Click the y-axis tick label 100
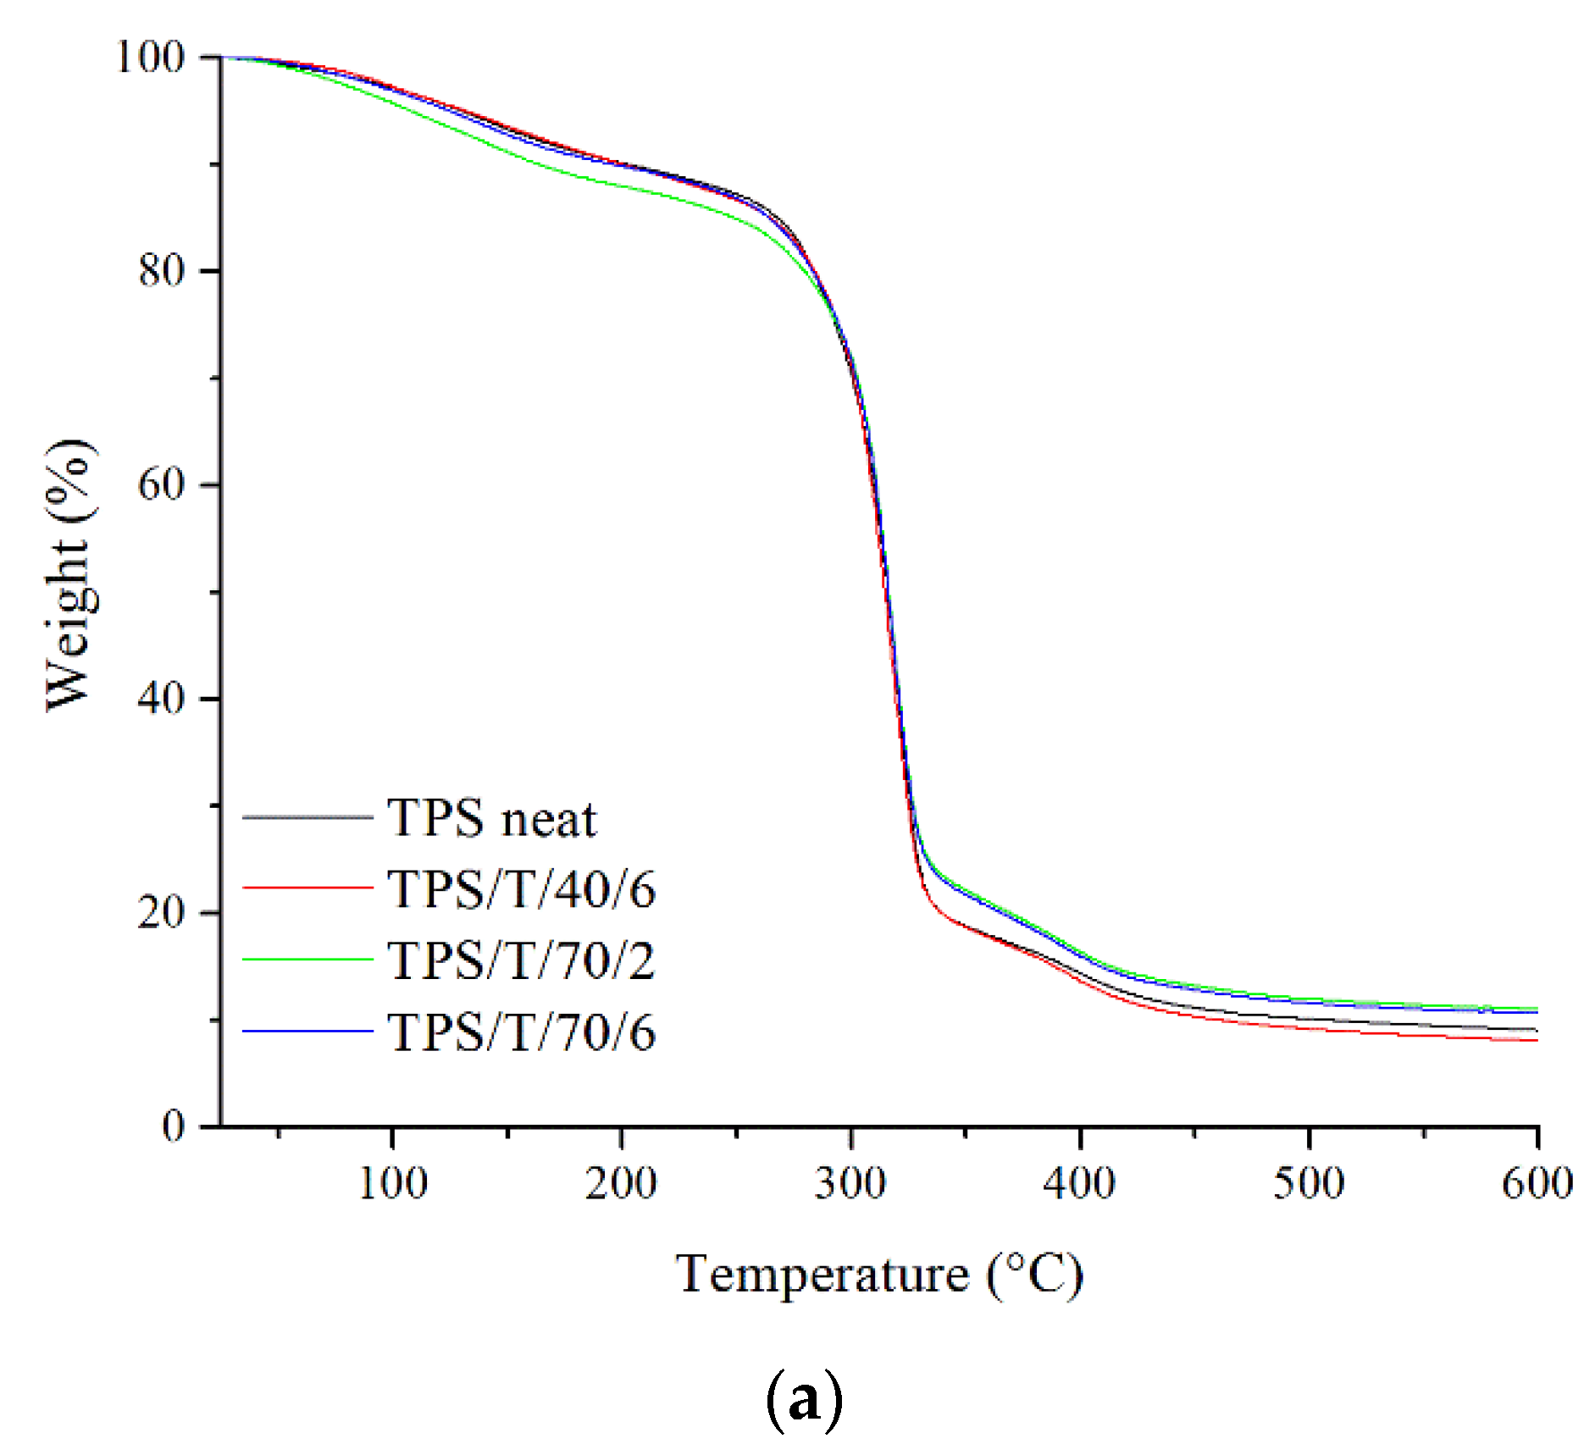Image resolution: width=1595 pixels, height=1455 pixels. (150, 58)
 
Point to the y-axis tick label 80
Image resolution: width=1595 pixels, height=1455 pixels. (161, 271)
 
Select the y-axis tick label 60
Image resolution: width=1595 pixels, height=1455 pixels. (161, 484)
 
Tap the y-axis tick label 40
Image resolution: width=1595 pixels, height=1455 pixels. (161, 699)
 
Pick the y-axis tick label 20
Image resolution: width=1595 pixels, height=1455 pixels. (161, 912)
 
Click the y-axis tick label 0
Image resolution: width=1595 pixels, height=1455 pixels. (173, 1126)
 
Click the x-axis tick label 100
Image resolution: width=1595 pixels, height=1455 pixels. (392, 1183)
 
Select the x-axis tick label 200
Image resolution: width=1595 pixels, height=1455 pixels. (621, 1183)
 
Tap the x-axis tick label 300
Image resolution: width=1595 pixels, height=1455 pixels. (850, 1183)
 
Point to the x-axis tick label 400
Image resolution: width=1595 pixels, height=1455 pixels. (1079, 1183)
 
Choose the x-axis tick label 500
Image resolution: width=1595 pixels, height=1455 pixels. (1309, 1183)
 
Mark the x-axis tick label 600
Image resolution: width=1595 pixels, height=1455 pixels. (1537, 1183)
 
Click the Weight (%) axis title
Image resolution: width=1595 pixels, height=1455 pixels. (69, 576)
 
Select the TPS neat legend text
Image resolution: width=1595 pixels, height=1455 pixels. (492, 819)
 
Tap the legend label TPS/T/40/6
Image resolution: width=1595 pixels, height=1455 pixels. (522, 890)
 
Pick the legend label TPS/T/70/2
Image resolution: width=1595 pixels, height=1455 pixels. (522, 961)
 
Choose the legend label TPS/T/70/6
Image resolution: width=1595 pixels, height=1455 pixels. (522, 1032)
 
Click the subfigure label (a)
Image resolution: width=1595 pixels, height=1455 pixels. (804, 1401)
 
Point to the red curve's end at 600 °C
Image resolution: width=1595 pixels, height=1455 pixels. (1536, 1040)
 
